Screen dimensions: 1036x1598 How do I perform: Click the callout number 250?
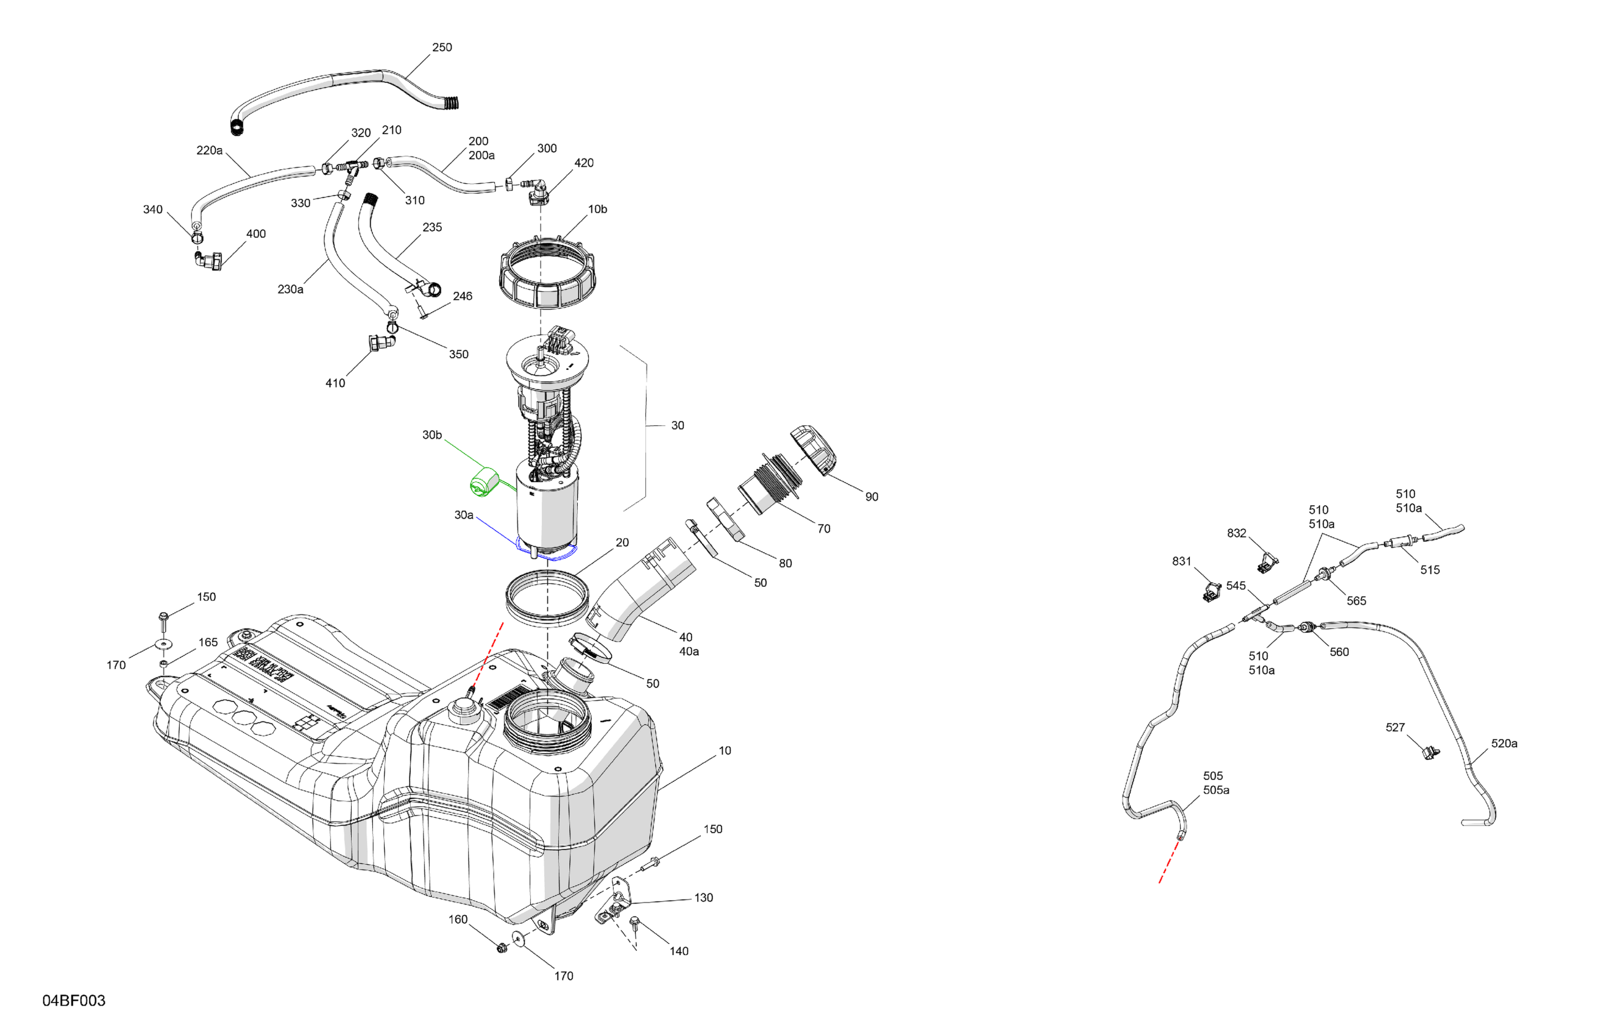coord(442,48)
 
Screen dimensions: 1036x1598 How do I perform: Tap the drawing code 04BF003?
coord(74,1001)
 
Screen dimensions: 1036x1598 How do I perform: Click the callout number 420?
coord(583,163)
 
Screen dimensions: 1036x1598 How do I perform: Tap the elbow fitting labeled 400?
coord(210,260)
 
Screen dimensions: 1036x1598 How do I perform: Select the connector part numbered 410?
coord(381,344)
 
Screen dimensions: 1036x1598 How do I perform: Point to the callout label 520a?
coord(1504,743)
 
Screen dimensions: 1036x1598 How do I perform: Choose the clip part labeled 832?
coord(1268,561)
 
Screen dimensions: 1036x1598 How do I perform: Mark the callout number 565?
coord(1356,601)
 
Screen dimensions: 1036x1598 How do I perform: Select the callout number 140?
coord(679,951)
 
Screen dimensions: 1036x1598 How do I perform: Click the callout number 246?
coord(462,296)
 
